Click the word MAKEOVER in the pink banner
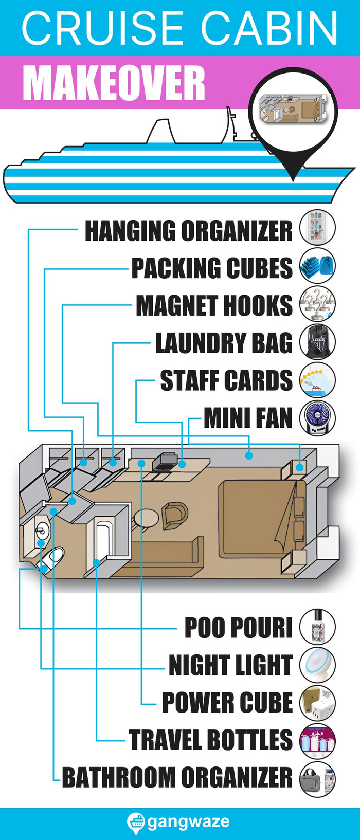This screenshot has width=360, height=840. click(114, 83)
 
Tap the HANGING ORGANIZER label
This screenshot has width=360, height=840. click(188, 230)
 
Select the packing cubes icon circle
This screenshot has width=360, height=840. click(317, 266)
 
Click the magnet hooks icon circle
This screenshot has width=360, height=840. click(317, 304)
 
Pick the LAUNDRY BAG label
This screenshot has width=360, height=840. click(224, 343)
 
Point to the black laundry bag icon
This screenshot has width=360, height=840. click(317, 341)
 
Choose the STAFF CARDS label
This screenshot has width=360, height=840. click(226, 380)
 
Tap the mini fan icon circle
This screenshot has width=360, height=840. click(317, 418)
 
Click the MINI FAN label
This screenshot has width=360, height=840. click(248, 418)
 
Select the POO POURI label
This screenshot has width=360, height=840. click(238, 628)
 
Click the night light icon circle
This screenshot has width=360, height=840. click(317, 665)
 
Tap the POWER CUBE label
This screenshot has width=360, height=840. click(227, 703)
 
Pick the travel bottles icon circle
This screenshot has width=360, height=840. click(317, 741)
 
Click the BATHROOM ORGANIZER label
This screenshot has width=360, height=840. click(177, 777)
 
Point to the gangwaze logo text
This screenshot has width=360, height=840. click(188, 821)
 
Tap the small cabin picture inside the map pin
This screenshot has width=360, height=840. click(292, 109)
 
